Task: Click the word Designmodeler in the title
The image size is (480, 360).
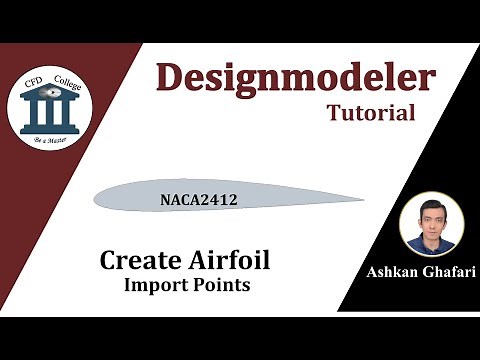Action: (x=296, y=78)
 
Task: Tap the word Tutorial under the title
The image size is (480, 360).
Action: (x=371, y=113)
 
